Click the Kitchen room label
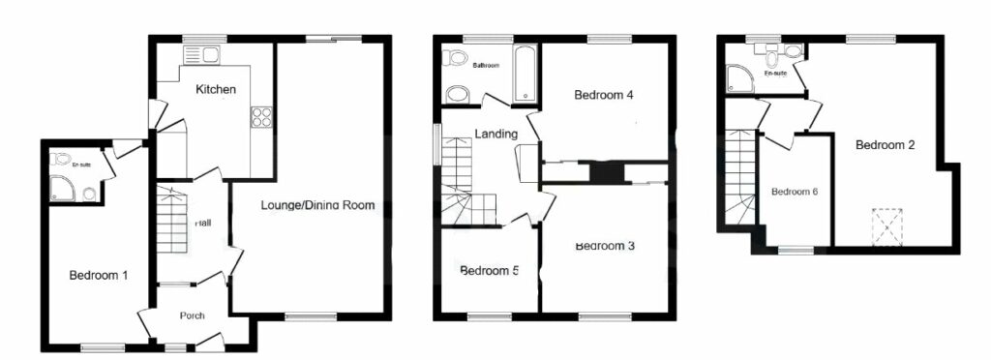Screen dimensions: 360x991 click(216, 89)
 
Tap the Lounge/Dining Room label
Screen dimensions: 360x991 click(316, 205)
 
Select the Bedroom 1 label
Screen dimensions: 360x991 click(99, 275)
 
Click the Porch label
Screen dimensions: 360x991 click(193, 315)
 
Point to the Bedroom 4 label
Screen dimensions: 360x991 click(603, 95)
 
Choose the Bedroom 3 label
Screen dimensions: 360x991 click(604, 246)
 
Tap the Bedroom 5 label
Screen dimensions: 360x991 click(489, 271)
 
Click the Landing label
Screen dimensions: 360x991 click(495, 134)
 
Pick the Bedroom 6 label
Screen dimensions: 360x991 click(795, 192)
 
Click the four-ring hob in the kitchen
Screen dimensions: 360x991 click(261, 116)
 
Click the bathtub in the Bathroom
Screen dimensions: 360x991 click(526, 73)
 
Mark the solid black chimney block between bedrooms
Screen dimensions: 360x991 click(607, 173)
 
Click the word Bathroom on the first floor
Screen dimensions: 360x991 click(486, 66)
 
